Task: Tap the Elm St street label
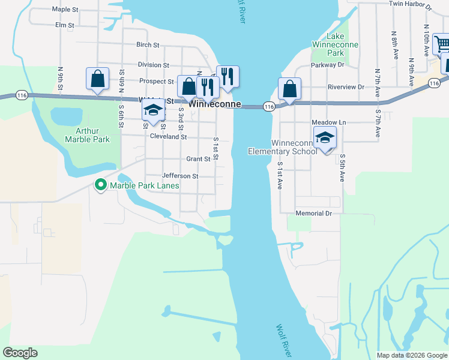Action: (64, 25)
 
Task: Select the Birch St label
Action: (148, 45)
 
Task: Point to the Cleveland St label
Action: (168, 137)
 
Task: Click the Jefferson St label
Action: (180, 176)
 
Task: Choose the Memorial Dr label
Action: (313, 214)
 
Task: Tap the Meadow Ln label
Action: (329, 122)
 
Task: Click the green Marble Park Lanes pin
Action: (101, 185)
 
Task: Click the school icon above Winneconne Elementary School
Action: (325, 138)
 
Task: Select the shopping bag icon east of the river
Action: (289, 89)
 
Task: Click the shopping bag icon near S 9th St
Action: (97, 79)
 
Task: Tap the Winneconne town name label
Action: (215, 104)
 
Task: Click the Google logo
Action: (20, 353)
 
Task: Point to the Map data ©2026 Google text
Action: (412, 355)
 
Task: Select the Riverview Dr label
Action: (346, 87)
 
